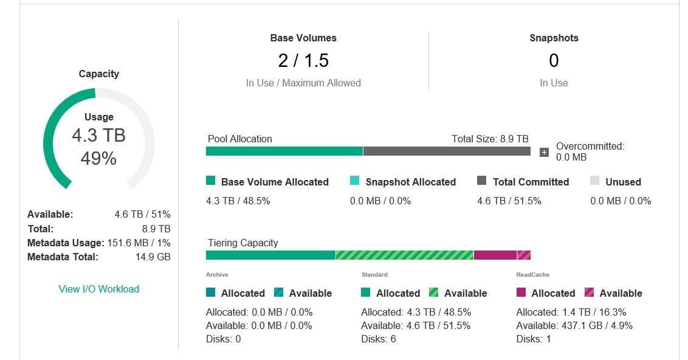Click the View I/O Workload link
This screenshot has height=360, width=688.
(x=98, y=289)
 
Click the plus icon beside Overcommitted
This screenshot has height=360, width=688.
(x=544, y=152)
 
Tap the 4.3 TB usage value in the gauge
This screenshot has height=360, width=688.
(x=98, y=135)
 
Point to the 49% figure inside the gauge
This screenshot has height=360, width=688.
(x=98, y=159)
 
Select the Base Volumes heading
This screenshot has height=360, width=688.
(x=303, y=38)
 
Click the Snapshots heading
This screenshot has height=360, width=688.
(x=554, y=38)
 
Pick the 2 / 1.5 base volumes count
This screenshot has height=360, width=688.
(x=303, y=61)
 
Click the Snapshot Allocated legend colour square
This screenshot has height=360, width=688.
(x=355, y=181)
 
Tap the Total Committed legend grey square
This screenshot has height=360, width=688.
(x=482, y=181)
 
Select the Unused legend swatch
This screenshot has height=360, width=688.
(x=594, y=181)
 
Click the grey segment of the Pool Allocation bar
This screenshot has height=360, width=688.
(x=447, y=151)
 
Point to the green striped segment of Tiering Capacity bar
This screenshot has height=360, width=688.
(x=404, y=255)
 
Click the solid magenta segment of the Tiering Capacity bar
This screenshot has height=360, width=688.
(x=495, y=255)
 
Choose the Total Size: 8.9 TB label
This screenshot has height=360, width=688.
(x=490, y=139)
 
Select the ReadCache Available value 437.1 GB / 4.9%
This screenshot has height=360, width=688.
(x=574, y=325)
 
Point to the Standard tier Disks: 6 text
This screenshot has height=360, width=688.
(x=378, y=339)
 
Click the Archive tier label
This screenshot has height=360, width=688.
(x=217, y=275)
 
